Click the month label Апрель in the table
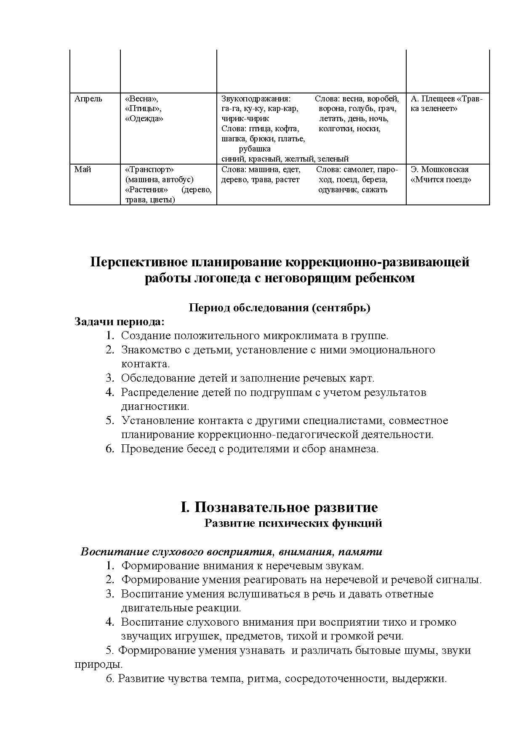click(88, 99)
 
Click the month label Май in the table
click(83, 170)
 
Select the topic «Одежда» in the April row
click(144, 119)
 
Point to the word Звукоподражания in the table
click(256, 99)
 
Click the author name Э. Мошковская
click(439, 170)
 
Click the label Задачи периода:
click(119, 321)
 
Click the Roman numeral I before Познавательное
click(184, 507)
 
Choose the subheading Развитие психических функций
click(293, 523)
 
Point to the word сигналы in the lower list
click(461, 580)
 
